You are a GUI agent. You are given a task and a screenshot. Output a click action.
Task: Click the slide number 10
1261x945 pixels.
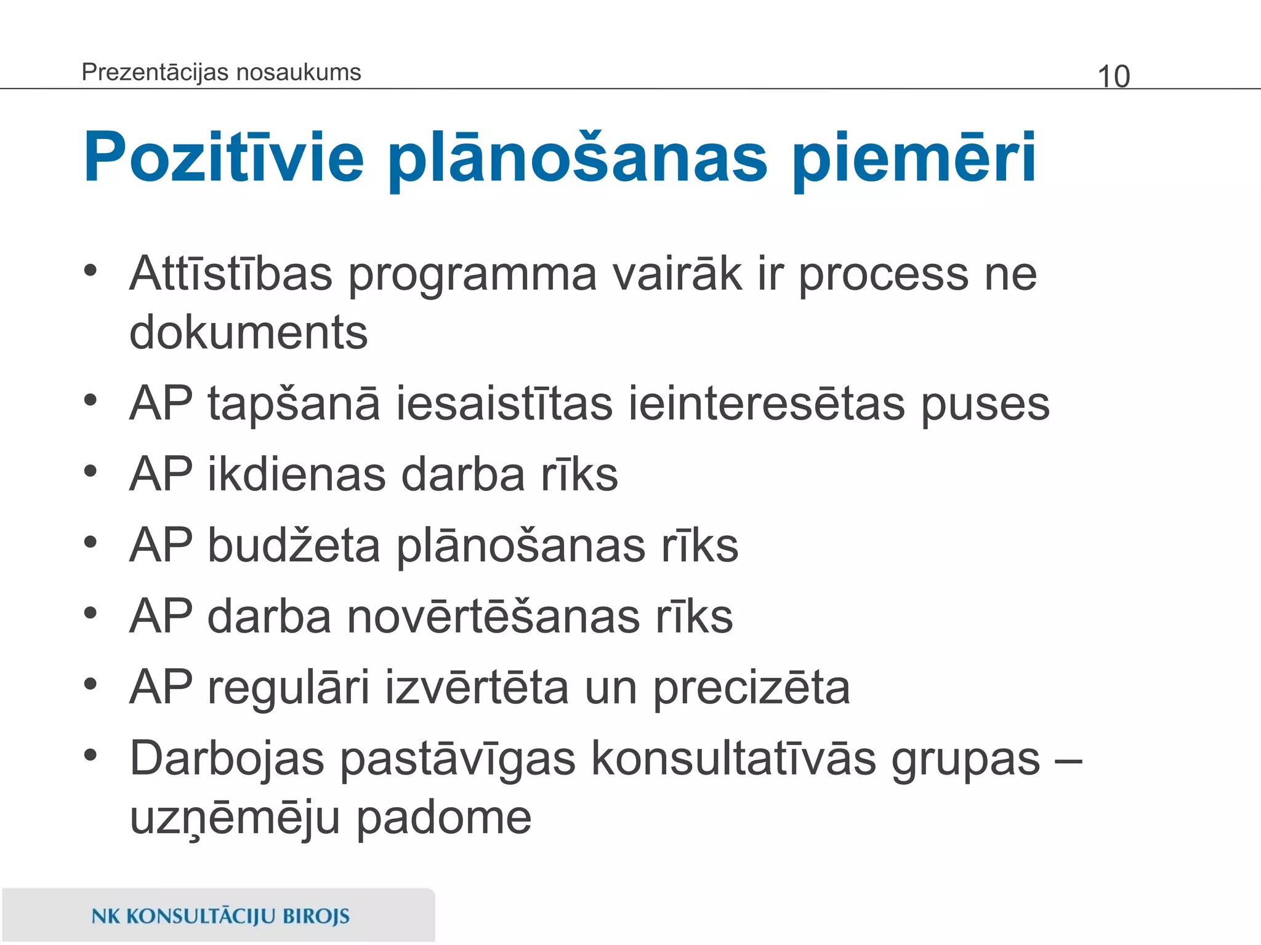1113,77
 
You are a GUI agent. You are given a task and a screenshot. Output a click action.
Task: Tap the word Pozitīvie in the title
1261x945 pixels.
224,158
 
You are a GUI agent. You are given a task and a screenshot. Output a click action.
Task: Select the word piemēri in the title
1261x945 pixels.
914,158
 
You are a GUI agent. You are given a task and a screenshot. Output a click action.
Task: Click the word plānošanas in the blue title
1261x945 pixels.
578,158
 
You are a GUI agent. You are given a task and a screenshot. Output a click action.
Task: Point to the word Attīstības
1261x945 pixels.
231,274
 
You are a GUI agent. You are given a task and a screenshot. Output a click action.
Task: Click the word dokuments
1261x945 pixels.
248,333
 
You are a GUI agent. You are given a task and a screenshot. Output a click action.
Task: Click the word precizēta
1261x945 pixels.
751,688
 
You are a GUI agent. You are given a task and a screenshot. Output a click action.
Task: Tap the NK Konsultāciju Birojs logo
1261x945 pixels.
220,916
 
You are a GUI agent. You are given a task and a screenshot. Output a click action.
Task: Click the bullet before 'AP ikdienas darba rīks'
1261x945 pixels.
91,472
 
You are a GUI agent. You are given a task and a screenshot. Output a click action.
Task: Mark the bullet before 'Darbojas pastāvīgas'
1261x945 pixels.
91,756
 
